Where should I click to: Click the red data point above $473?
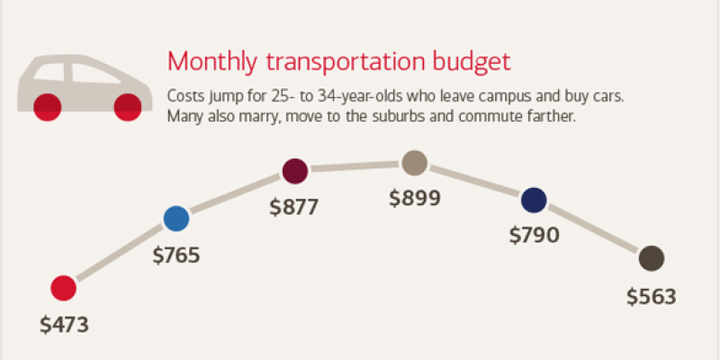coord(63,288)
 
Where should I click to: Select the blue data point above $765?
coord(176,218)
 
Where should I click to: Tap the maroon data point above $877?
coord(295,170)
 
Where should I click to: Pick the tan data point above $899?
coord(414,163)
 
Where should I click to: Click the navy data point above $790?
coord(534,199)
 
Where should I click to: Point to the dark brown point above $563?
coord(652,258)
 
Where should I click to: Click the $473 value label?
coord(65,325)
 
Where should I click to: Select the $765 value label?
coord(176,255)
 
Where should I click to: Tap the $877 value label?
coord(294,207)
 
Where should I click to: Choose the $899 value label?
coord(415,198)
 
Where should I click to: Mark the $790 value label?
coord(535,236)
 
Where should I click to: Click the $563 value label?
coord(650,296)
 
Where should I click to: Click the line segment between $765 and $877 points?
coord(236,193)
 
